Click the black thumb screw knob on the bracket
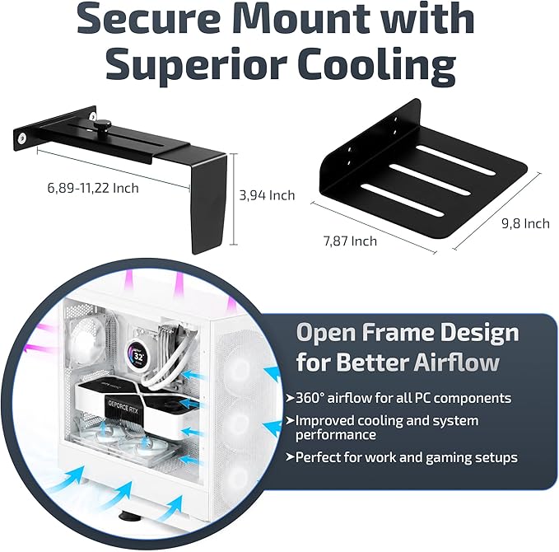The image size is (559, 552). (101, 125)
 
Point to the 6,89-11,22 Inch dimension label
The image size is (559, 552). (93, 188)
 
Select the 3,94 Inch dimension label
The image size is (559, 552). (267, 195)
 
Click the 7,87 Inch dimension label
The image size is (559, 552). (350, 241)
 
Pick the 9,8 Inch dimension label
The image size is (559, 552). (525, 223)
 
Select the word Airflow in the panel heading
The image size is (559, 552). (457, 363)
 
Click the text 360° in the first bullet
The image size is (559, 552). (310, 398)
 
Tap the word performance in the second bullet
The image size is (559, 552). (335, 435)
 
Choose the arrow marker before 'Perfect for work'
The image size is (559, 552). (290, 457)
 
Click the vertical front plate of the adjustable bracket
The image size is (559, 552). (209, 203)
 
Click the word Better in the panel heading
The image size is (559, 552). (373, 363)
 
